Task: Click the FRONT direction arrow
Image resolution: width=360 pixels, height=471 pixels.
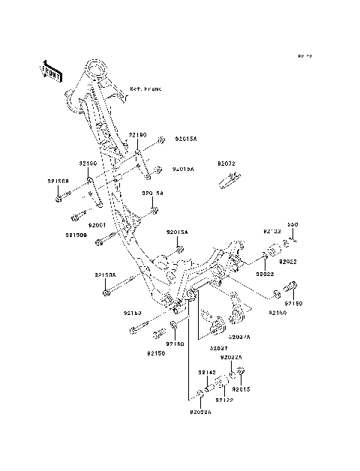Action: (x=49, y=70)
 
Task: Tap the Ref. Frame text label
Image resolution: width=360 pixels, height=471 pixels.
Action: (x=146, y=88)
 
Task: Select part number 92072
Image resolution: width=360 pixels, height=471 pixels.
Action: (x=226, y=163)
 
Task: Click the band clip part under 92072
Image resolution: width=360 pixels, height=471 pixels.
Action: (x=229, y=180)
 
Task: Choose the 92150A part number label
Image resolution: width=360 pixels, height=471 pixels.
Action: (x=104, y=275)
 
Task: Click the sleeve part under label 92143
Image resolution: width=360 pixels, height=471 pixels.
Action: (x=209, y=388)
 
